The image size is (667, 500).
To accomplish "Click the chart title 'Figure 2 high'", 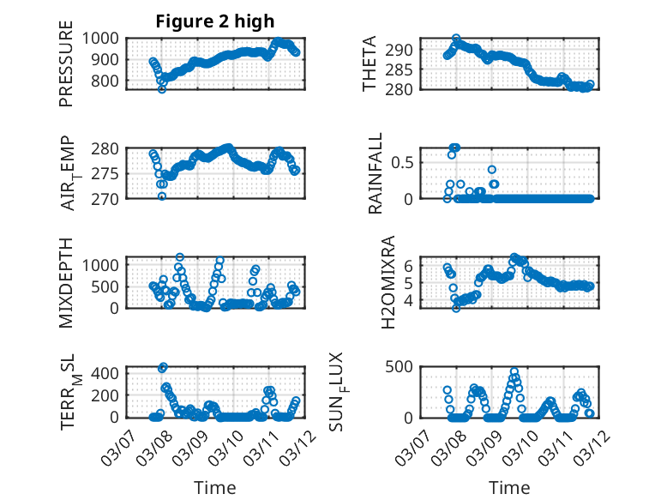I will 215,21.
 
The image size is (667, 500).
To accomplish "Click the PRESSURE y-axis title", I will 66,69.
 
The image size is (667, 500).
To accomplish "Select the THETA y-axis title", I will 370,64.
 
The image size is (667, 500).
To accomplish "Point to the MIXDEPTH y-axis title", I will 66,282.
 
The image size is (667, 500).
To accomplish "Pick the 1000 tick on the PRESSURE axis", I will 108,38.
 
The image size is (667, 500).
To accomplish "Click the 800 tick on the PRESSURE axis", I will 111,81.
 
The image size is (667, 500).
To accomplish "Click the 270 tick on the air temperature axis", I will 111,198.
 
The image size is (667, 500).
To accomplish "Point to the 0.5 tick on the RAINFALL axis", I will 405,161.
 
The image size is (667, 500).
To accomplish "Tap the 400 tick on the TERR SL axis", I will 111,373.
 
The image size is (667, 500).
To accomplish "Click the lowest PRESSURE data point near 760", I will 162,89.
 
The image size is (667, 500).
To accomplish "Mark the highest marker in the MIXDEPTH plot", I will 180,256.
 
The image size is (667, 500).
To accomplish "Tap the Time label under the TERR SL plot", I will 215,488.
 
